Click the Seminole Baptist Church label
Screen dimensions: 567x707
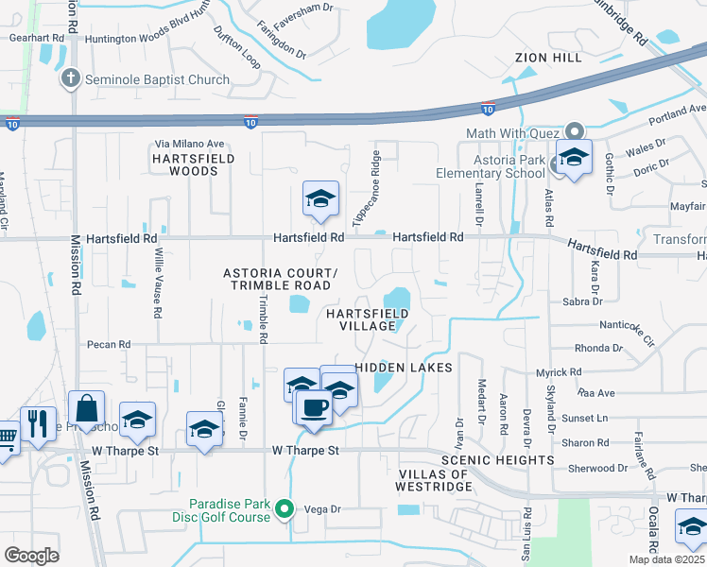(157, 79)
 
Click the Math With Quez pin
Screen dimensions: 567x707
(573, 131)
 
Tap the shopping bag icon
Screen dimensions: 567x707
(86, 410)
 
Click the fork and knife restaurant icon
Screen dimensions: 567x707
(37, 423)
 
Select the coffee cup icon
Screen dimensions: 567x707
(312, 406)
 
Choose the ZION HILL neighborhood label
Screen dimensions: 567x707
(549, 58)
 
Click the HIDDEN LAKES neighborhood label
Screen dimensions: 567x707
(404, 367)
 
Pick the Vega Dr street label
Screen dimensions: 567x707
(321, 509)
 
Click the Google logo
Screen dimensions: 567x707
(31, 556)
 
